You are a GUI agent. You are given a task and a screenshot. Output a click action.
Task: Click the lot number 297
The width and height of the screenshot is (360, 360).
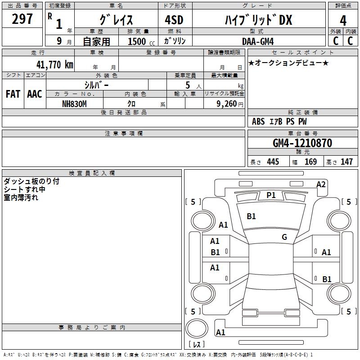click(x=22, y=19)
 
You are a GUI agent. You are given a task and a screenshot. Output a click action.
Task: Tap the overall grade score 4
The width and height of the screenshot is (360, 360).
click(x=343, y=20)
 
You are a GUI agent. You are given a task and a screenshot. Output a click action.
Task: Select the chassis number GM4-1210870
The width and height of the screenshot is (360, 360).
click(x=302, y=143)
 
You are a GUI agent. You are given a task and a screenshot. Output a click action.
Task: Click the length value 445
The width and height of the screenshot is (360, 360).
click(x=273, y=162)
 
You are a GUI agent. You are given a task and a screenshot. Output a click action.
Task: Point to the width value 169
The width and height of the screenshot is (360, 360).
click(x=310, y=162)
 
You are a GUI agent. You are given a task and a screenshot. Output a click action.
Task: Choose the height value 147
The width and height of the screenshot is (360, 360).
click(x=346, y=162)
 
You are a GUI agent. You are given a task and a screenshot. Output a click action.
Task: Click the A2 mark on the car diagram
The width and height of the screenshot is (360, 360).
click(x=321, y=184)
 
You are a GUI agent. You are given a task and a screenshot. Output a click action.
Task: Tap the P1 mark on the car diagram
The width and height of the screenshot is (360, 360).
click(x=271, y=195)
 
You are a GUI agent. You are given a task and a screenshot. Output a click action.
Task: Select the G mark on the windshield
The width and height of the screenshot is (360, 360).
click(x=284, y=237)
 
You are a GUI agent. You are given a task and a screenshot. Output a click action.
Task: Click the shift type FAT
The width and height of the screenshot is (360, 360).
click(x=13, y=94)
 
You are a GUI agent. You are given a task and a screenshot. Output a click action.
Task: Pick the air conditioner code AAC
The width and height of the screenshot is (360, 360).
click(x=34, y=94)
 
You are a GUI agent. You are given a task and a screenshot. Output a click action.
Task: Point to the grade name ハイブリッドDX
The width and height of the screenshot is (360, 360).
click(x=258, y=20)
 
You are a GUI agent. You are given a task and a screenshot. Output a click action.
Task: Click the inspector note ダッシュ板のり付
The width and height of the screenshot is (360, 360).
click(x=31, y=181)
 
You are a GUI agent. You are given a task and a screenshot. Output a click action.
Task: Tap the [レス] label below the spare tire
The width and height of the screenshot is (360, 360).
click(x=197, y=345)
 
